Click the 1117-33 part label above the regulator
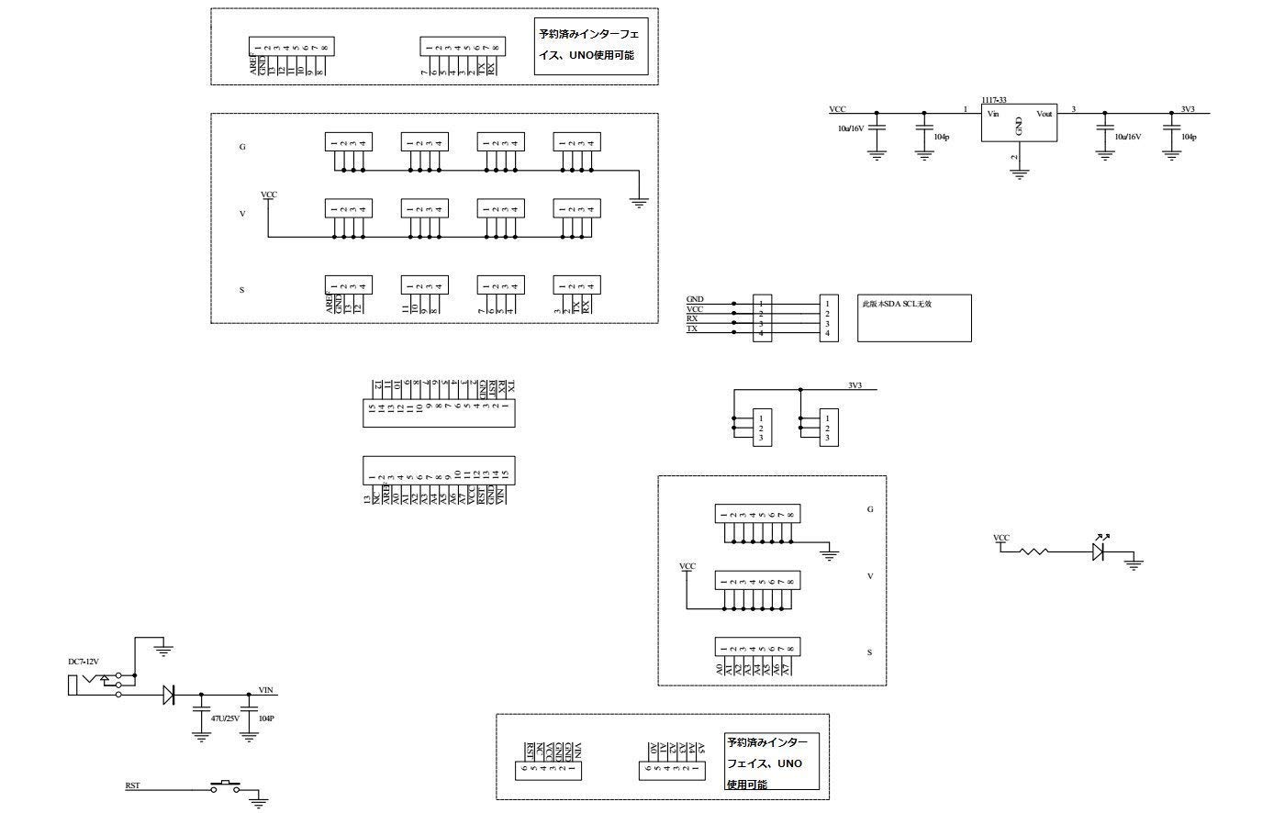pos(993,99)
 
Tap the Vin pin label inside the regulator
pos(992,114)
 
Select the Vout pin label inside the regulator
pos(1044,114)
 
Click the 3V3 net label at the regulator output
pos(1188,108)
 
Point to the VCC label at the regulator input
pos(837,108)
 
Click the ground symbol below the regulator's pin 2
pos(1019,173)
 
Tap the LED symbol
pos(1099,551)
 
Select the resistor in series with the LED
pos(1035,551)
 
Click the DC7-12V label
pos(84,663)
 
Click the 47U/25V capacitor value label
pos(225,718)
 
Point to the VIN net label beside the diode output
pos(266,690)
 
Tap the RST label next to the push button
pos(132,786)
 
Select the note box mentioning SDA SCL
pos(914,317)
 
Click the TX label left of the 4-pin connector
pos(691,329)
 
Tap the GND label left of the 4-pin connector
pos(695,299)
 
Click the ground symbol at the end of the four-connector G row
pos(640,203)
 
